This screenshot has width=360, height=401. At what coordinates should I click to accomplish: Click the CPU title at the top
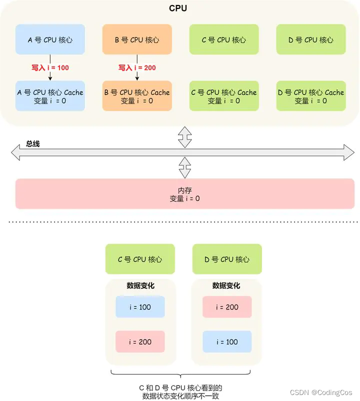(x=178, y=8)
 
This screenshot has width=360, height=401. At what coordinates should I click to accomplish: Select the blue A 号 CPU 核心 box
(x=50, y=39)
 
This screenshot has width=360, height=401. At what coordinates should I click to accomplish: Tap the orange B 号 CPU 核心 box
(x=137, y=39)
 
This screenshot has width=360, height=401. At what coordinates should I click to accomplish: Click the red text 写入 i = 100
(x=50, y=67)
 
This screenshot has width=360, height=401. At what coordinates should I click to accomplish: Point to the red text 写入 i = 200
(x=137, y=67)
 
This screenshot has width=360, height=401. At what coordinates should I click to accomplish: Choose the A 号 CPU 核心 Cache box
(x=50, y=96)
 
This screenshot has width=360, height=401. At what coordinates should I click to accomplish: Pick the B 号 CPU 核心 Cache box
(x=137, y=96)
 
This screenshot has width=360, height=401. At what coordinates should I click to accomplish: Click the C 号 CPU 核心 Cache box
(x=224, y=96)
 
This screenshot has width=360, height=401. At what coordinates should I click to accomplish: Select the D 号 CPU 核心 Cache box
(x=311, y=96)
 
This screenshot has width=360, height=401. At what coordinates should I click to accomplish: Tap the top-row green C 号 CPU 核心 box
(x=224, y=39)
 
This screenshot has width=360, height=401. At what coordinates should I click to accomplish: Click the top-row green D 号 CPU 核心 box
(x=311, y=39)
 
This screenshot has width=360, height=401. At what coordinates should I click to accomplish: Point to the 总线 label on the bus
(x=33, y=144)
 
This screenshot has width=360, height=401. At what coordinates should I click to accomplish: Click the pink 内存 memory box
(x=185, y=194)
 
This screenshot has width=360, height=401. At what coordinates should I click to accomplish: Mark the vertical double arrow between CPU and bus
(x=185, y=137)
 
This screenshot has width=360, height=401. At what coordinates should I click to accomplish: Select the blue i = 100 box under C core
(x=140, y=307)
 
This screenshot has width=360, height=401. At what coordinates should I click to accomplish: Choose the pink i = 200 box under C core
(x=140, y=342)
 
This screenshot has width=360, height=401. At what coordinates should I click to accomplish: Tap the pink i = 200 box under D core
(x=227, y=307)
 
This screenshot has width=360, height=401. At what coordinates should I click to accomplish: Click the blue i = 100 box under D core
(x=227, y=342)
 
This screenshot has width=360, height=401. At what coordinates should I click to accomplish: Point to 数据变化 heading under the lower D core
(x=226, y=285)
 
